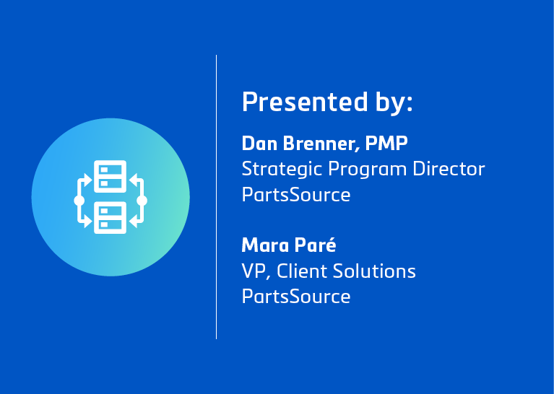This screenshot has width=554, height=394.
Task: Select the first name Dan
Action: point(259,144)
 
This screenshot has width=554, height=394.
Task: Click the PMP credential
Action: point(386,144)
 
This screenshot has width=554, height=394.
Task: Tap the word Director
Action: point(449,169)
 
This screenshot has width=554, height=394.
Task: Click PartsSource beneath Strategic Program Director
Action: point(296,195)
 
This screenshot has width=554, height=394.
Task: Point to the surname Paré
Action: point(315,245)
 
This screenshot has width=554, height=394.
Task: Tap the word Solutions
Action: point(374,271)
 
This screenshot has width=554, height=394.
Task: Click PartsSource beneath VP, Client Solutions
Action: point(296,296)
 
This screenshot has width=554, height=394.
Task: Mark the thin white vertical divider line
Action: point(216,197)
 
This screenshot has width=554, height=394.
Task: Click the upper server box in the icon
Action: point(111,176)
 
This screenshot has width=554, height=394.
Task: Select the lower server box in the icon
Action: point(111,217)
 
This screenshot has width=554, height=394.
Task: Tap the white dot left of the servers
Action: point(79,201)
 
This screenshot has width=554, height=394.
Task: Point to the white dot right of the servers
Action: point(142,201)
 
